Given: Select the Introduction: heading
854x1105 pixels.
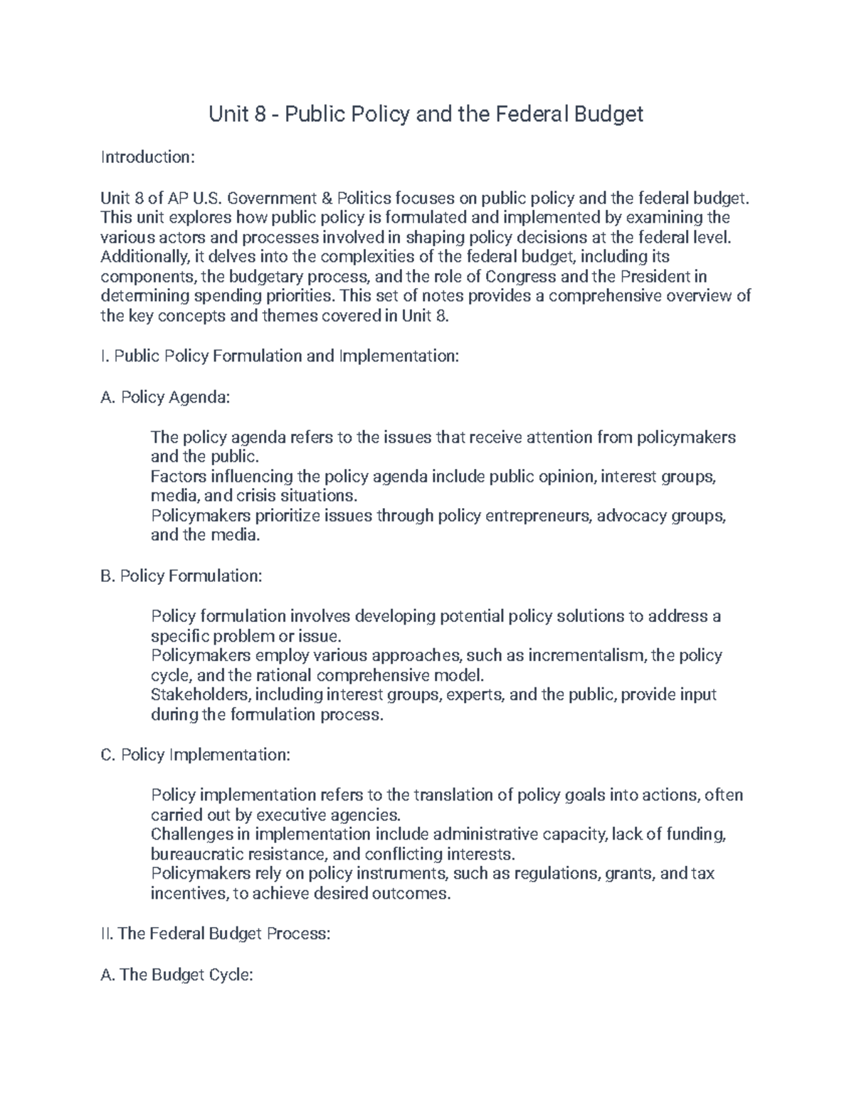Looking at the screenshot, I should (147, 157).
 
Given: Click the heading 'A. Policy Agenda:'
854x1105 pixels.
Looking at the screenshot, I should (165, 397).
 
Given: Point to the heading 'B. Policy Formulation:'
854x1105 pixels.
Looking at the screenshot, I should (181, 576).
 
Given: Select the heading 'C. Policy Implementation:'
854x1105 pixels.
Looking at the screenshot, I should (195, 755).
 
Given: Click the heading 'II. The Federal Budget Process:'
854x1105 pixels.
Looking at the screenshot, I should (216, 934).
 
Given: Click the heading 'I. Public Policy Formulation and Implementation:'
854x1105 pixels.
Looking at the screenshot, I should (280, 356).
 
